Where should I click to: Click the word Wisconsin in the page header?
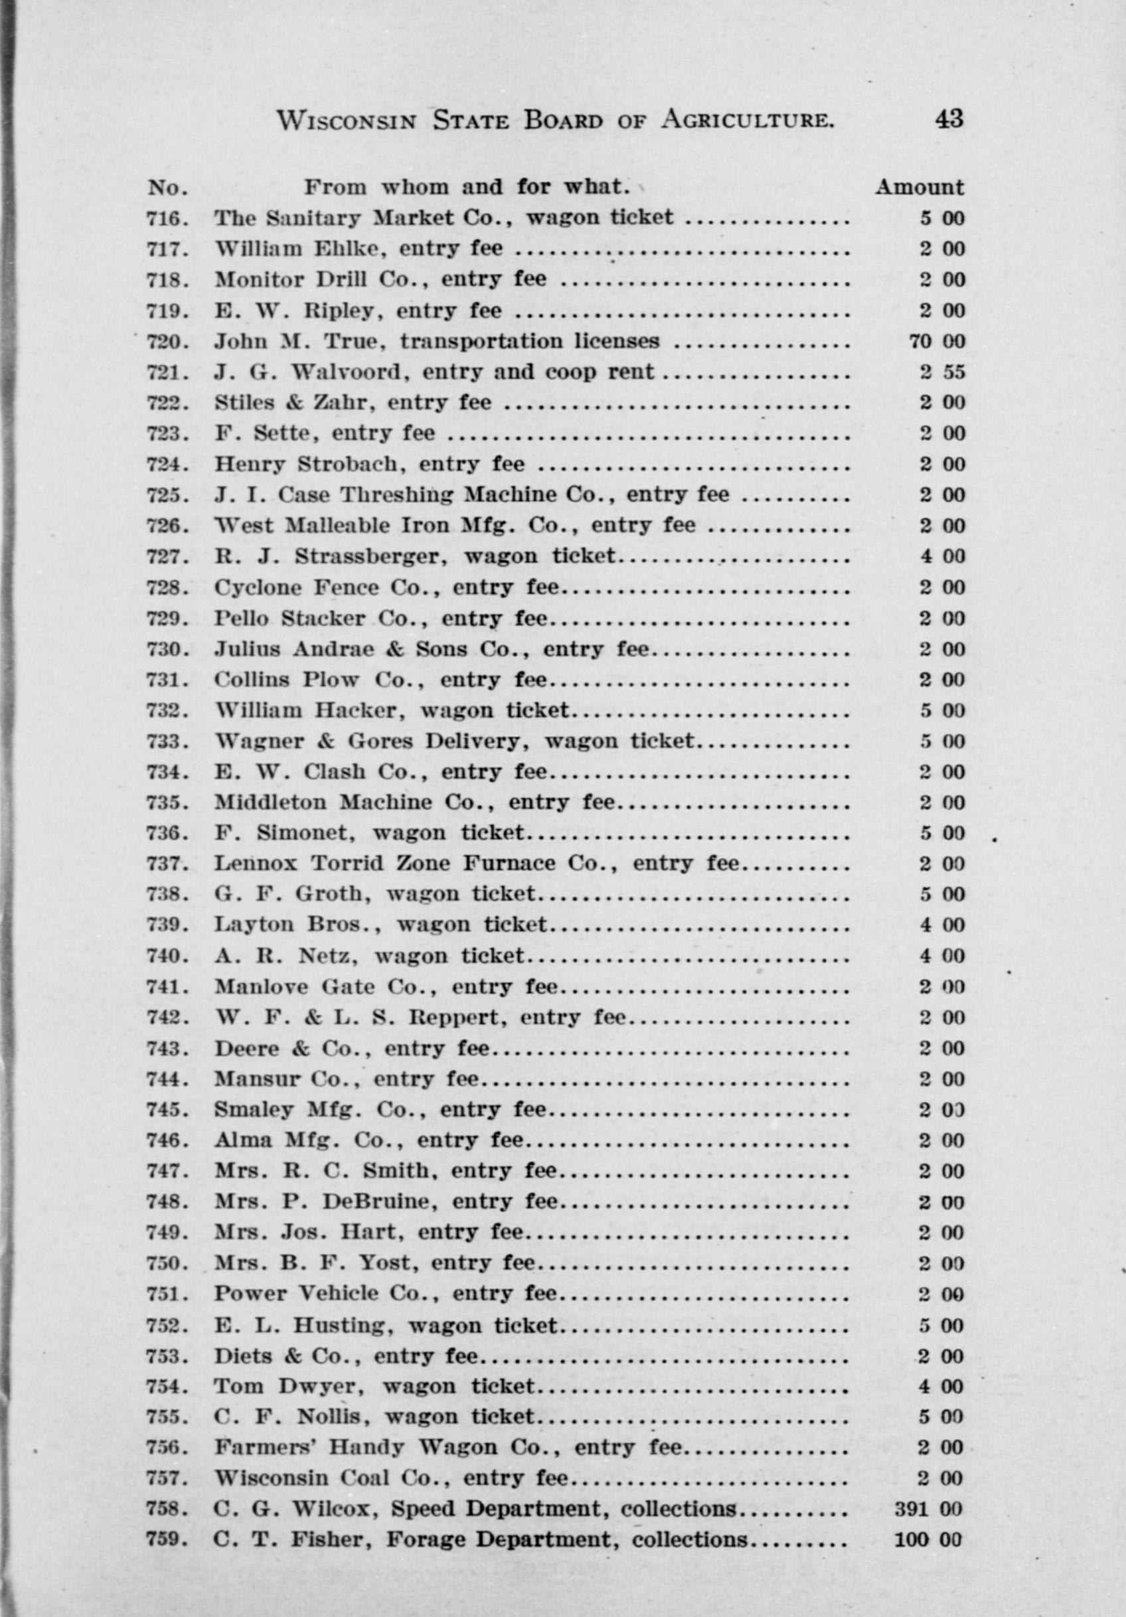click(347, 120)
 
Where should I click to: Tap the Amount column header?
click(919, 187)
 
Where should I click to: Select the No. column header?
click(167, 188)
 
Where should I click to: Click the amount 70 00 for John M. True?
click(937, 342)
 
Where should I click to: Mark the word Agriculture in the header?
click(747, 120)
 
